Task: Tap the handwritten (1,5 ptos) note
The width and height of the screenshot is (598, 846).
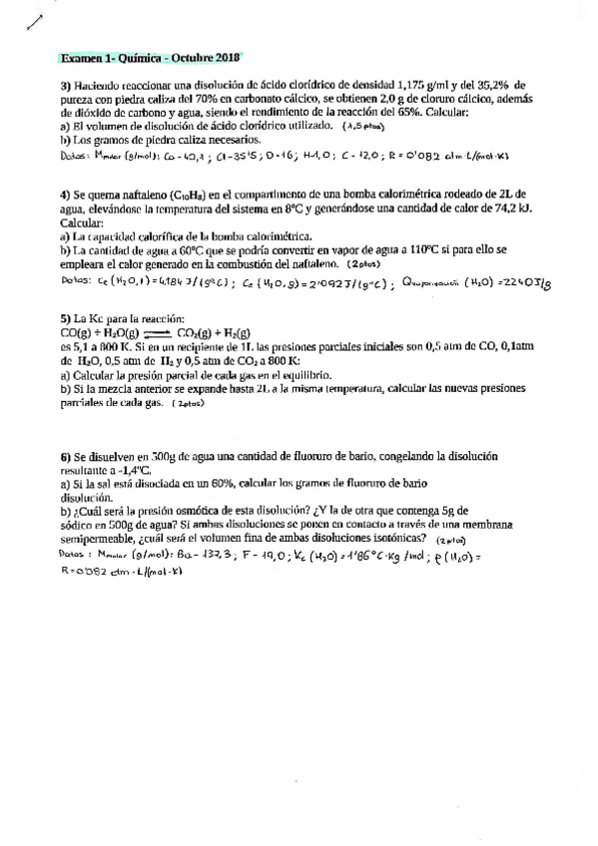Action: [x=362, y=128]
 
